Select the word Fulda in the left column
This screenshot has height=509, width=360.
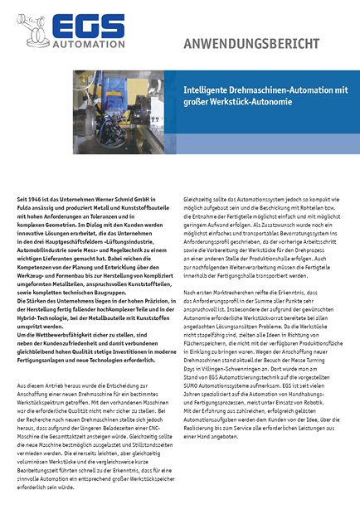point(26,210)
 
